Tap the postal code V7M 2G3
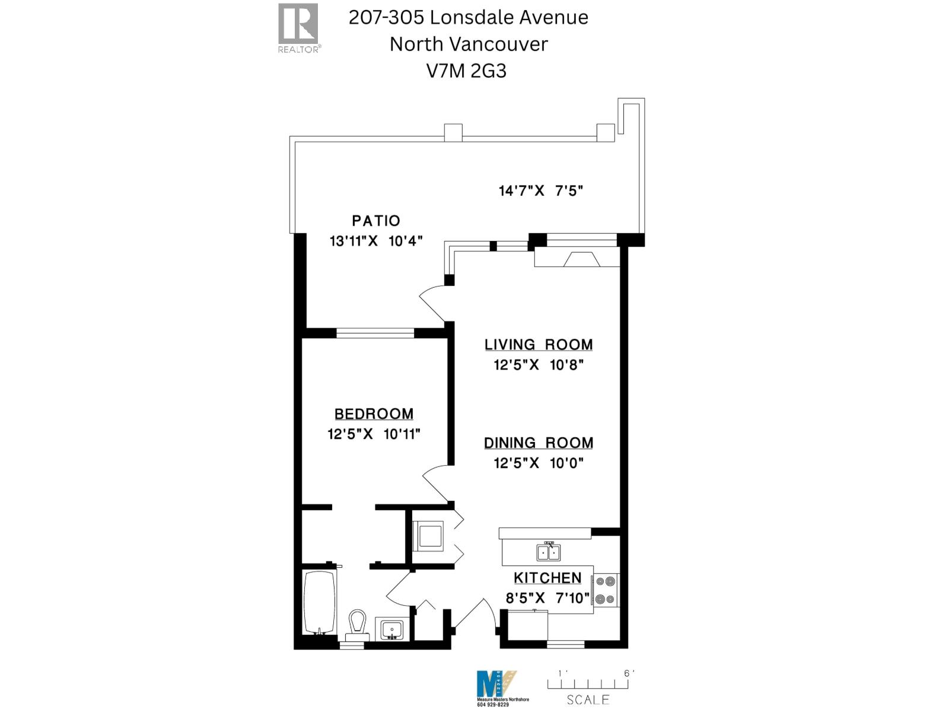[x=467, y=71]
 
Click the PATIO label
[x=376, y=221]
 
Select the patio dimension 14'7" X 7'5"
[x=541, y=191]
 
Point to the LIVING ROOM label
[x=539, y=345]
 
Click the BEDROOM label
[x=374, y=414]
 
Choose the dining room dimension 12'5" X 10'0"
[x=539, y=463]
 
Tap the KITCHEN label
[x=547, y=577]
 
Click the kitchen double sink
[x=549, y=552]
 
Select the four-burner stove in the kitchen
[x=606, y=590]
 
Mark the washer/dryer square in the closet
[x=428, y=536]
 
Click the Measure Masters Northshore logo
[x=497, y=685]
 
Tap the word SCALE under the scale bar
[x=588, y=700]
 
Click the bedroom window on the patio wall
[x=375, y=333]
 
